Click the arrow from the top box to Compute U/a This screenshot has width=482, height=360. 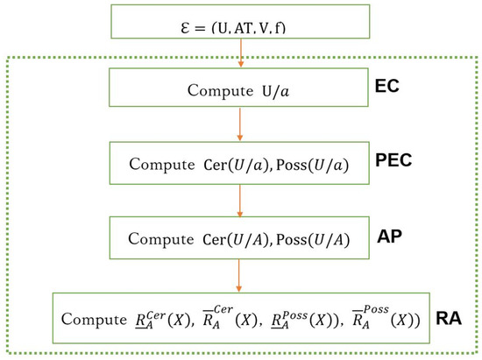point(238,54)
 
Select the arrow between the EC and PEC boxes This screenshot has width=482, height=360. point(238,125)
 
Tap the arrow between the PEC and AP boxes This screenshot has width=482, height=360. point(238,199)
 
